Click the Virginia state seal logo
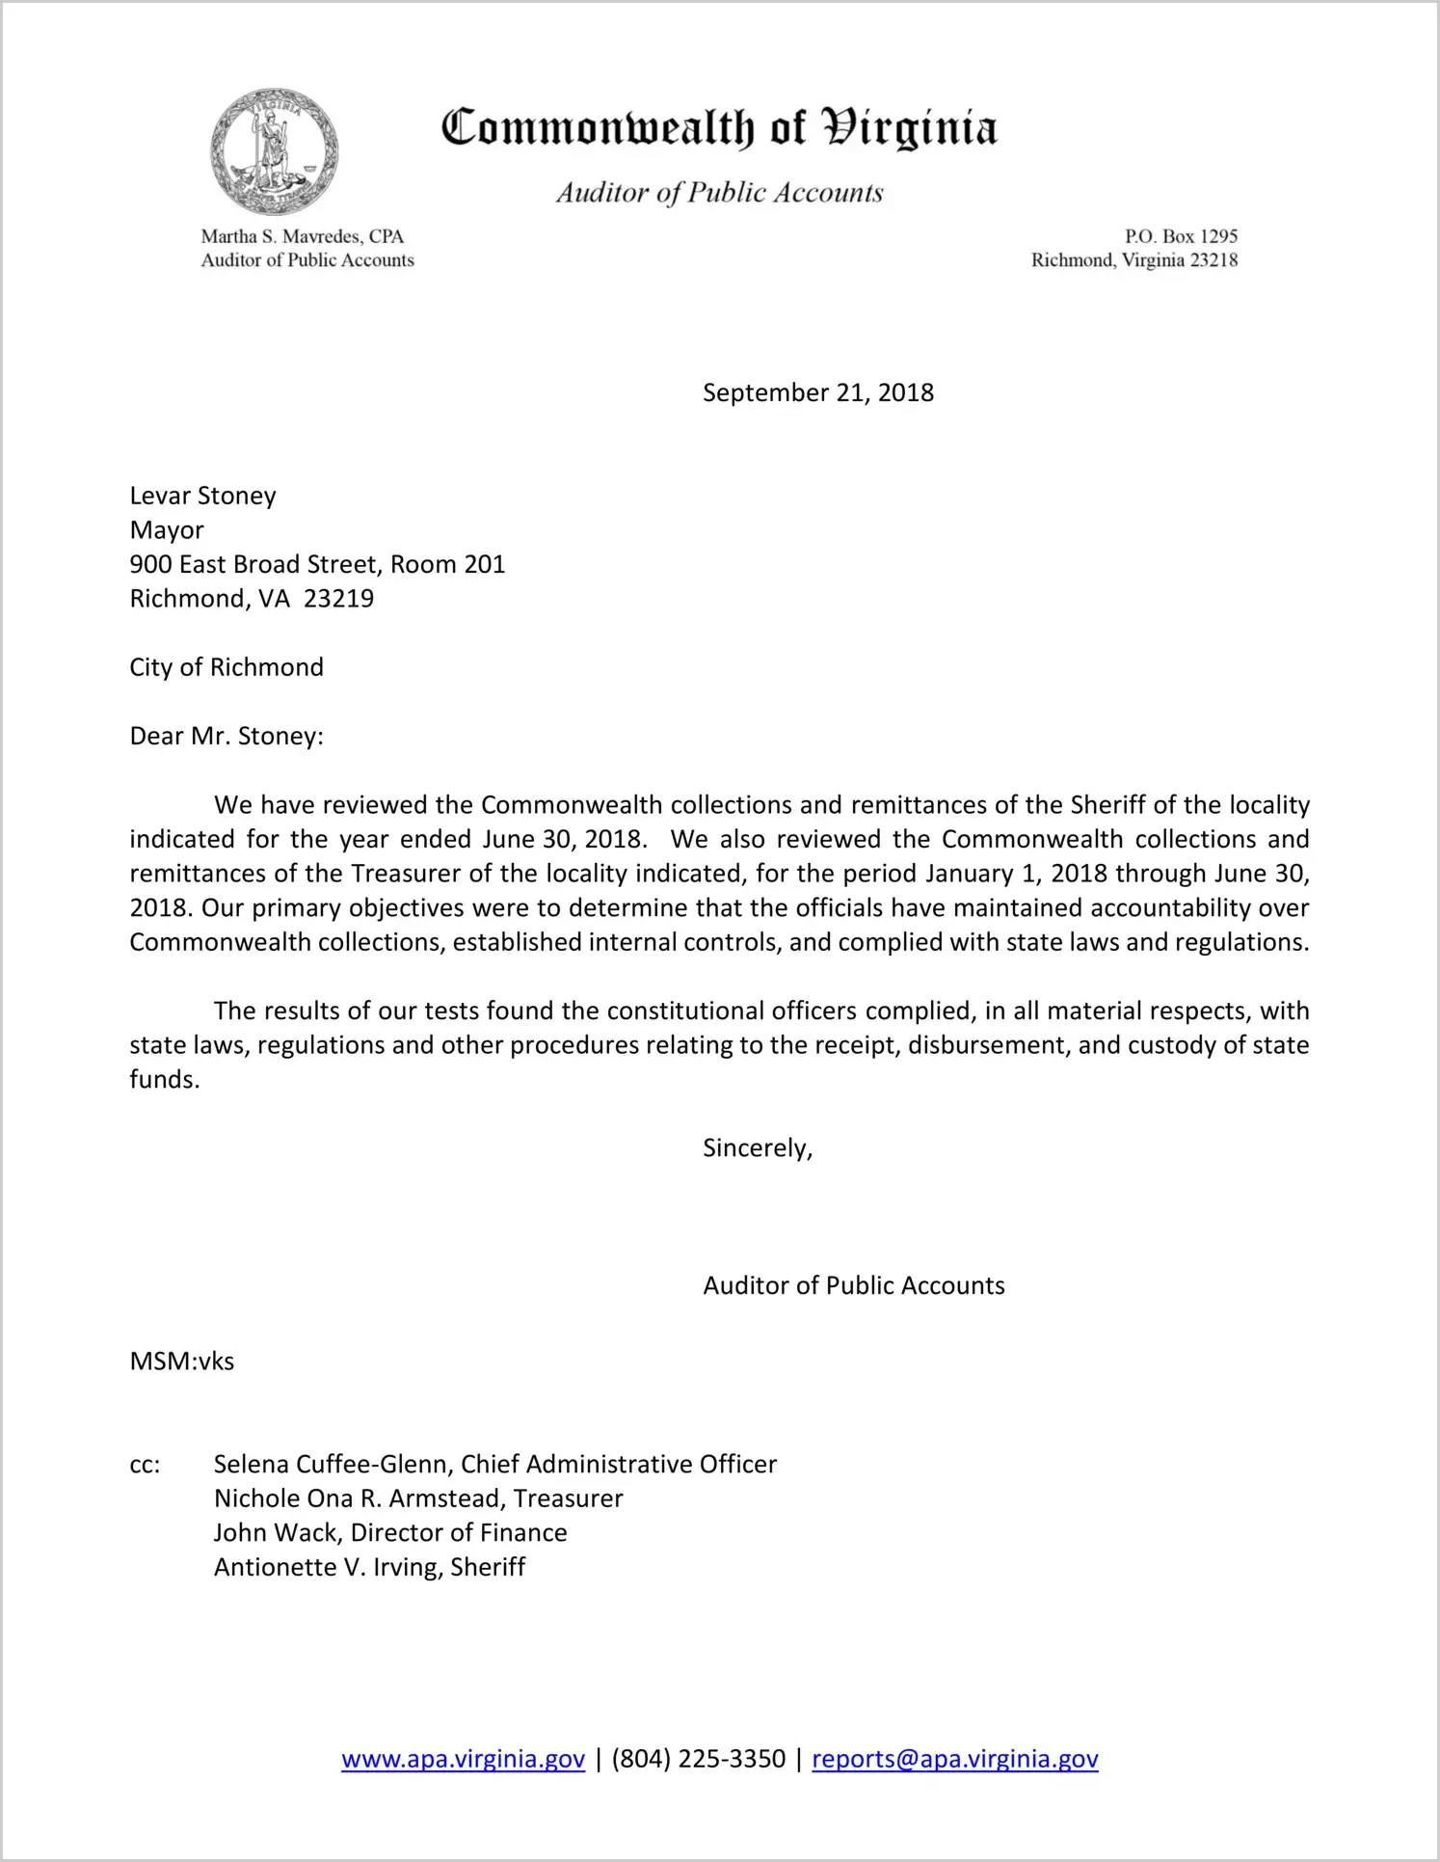(275, 152)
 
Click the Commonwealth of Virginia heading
(719, 128)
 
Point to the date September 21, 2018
(817, 392)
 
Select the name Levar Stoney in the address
(202, 496)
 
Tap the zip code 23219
(338, 599)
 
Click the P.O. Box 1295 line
(1181, 236)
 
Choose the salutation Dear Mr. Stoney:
(227, 737)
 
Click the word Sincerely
(757, 1148)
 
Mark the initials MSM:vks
(182, 1362)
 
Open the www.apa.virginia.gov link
(463, 1759)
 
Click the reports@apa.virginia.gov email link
(954, 1759)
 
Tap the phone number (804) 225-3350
(698, 1759)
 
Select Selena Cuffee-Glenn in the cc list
(333, 1465)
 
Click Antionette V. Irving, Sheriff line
(369, 1567)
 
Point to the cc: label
(145, 1466)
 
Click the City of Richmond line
(227, 667)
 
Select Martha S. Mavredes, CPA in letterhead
(302, 236)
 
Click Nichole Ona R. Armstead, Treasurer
(418, 1498)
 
